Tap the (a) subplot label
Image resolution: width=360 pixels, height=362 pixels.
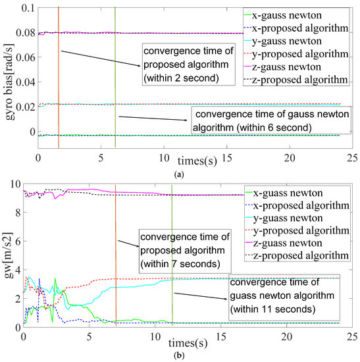179,173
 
